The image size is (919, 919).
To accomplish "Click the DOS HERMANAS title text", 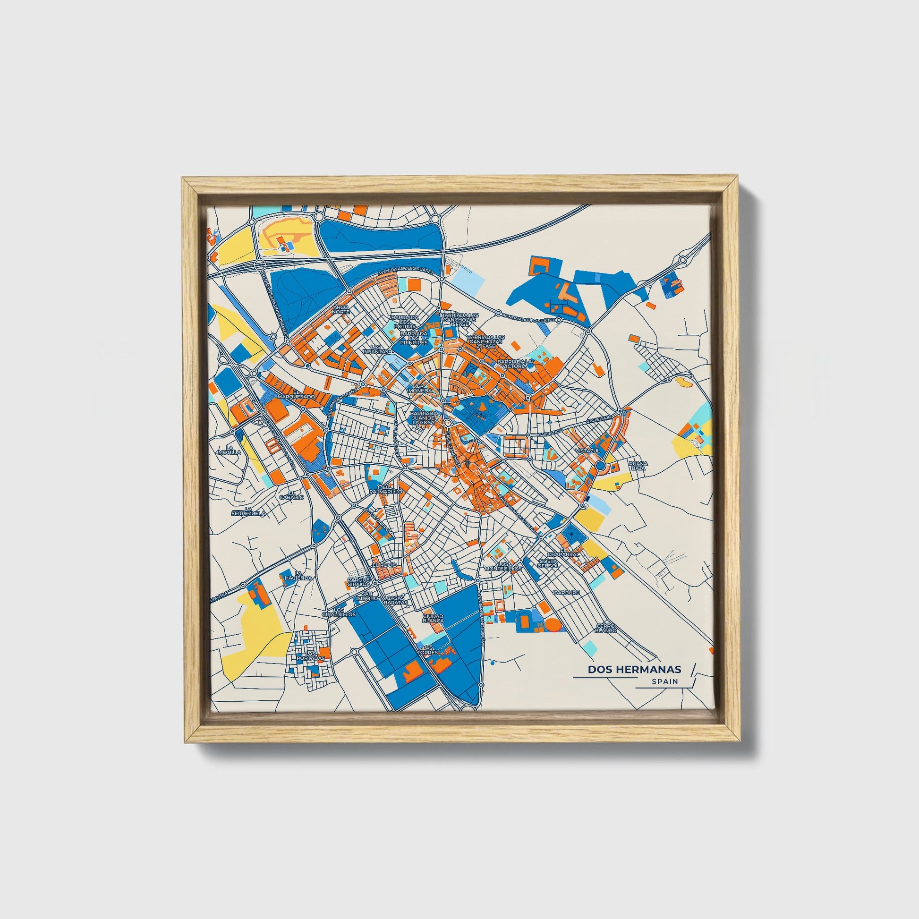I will (634, 669).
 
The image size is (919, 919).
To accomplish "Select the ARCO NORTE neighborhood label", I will (340, 310).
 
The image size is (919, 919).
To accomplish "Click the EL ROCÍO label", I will (383, 565).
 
